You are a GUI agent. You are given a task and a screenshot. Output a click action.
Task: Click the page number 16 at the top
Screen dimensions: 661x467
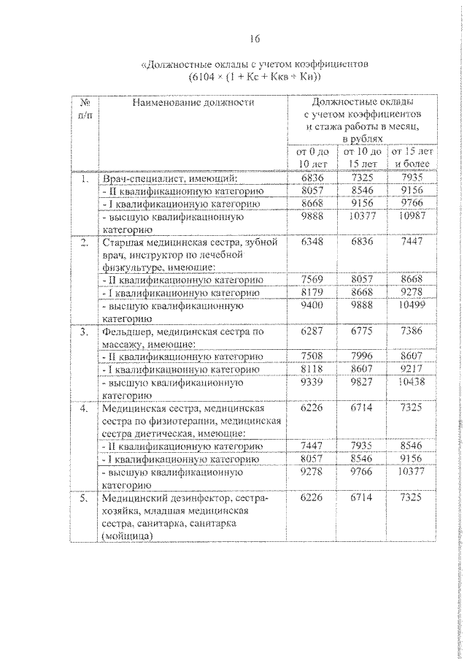click(254, 38)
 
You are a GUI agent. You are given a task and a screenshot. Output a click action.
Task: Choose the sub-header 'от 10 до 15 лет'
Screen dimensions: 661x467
click(363, 157)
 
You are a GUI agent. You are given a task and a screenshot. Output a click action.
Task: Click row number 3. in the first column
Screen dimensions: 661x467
click(85, 331)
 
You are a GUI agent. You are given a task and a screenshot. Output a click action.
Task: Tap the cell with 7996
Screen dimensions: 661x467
click(363, 356)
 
